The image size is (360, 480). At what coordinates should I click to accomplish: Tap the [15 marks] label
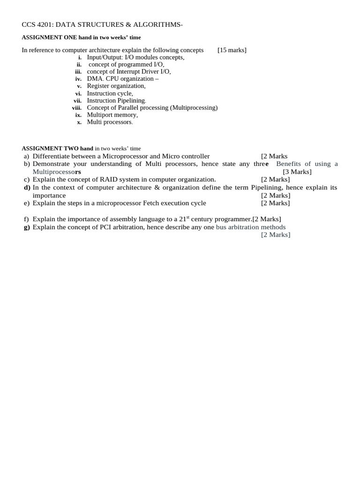pyautogui.click(x=232, y=50)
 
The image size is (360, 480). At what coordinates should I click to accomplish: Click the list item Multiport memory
pyautogui.click(x=112, y=115)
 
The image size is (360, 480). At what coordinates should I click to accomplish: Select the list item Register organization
pyautogui.click(x=116, y=86)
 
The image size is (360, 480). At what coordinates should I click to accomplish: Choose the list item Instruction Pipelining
pyautogui.click(x=116, y=101)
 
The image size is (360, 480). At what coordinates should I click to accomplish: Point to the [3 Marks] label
pyautogui.click(x=297, y=172)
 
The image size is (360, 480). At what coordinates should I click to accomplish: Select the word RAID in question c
pyautogui.click(x=117, y=180)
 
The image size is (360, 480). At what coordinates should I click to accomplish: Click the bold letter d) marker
pyautogui.click(x=27, y=187)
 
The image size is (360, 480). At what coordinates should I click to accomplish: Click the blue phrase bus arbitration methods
pyautogui.click(x=251, y=227)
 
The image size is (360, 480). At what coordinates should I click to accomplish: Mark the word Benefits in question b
pyautogui.click(x=288, y=164)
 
